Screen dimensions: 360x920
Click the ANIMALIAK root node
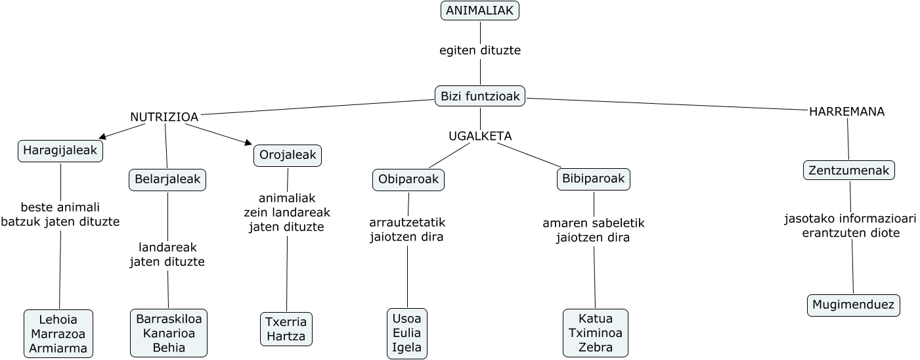(479, 11)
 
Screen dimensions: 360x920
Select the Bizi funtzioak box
(480, 97)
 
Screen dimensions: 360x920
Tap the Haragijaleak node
(60, 150)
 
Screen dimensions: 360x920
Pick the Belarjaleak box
(167, 179)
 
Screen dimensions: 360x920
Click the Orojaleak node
(288, 155)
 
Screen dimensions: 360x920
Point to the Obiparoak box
(408, 179)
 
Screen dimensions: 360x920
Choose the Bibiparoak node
(594, 179)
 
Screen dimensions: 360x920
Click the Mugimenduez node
(853, 305)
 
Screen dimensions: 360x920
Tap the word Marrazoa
(58, 334)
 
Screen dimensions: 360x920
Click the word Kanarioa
(169, 333)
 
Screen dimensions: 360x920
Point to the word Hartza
(286, 336)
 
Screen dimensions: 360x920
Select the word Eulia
(407, 333)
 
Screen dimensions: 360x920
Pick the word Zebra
(596, 348)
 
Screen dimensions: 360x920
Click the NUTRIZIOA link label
(164, 117)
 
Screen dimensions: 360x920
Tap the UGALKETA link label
(480, 136)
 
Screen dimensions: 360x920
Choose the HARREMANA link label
(846, 112)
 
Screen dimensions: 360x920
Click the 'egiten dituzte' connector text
(480, 50)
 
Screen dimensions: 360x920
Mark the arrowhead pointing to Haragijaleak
(102, 137)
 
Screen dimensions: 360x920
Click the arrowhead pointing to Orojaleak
(248, 142)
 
